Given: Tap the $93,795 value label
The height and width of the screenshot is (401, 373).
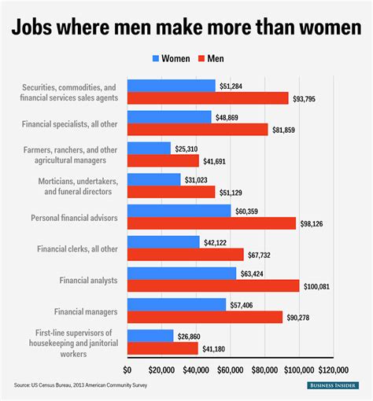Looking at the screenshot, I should tap(310, 97).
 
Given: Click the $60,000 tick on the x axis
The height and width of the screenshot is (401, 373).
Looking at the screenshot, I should tap(230, 369).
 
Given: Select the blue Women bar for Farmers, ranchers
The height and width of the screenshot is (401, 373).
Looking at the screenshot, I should tap(149, 148).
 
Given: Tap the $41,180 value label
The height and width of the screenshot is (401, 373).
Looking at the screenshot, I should tap(219, 348).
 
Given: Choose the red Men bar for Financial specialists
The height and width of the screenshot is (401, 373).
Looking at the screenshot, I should tap(198, 129).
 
